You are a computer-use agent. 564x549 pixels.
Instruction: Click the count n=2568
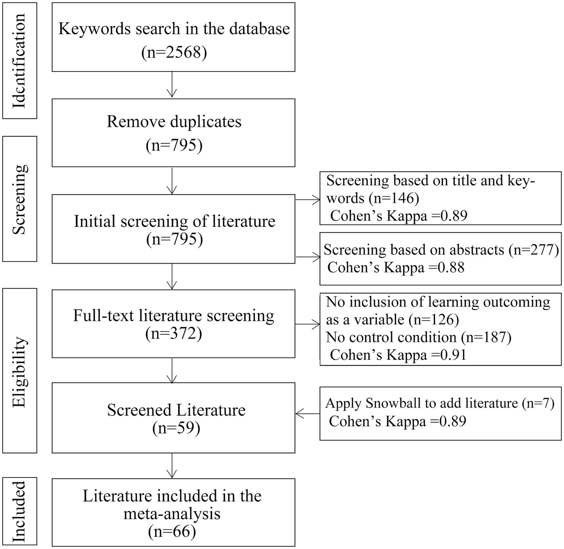tap(174, 52)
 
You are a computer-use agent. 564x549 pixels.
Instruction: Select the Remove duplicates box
tap(173, 133)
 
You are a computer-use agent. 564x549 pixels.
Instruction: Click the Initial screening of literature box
tap(173, 228)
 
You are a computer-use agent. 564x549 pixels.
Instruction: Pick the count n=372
tap(174, 334)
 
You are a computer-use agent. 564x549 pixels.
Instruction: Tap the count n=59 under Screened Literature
tap(176, 428)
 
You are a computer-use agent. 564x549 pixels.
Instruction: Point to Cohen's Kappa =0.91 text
tap(398, 355)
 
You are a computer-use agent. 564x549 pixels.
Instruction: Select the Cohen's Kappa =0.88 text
tap(396, 267)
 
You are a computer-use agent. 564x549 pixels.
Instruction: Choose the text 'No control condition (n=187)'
tap(419, 337)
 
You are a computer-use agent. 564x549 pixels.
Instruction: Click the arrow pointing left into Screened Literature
tap(307, 413)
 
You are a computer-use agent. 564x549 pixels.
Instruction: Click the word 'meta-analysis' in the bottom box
tap(172, 513)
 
